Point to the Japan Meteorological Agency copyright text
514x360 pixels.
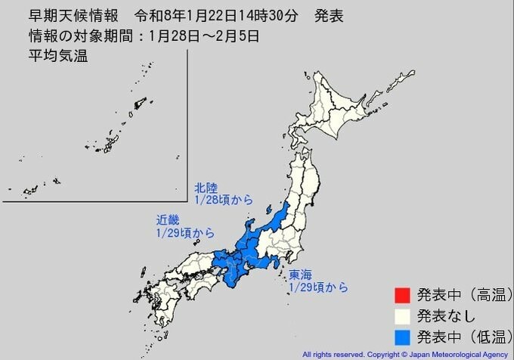(x=406, y=354)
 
